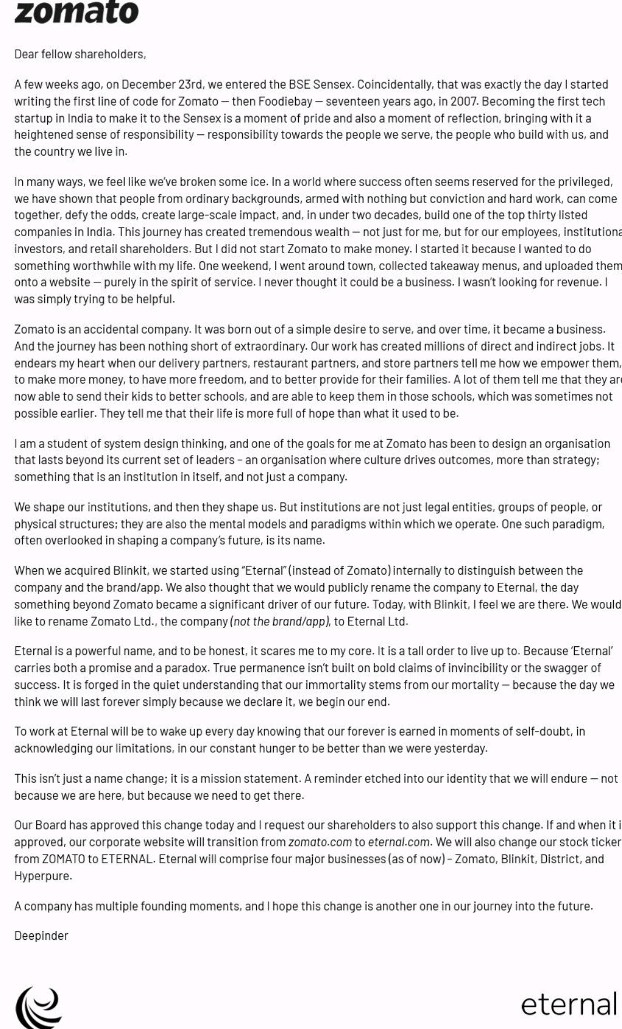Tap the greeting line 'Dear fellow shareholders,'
pyautogui.click(x=80, y=54)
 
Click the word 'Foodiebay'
pyautogui.click(x=284, y=101)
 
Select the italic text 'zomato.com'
pyautogui.click(x=320, y=842)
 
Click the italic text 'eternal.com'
pyautogui.click(x=399, y=842)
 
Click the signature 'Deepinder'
pyautogui.click(x=41, y=936)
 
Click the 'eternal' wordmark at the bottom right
pyautogui.click(x=568, y=1005)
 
